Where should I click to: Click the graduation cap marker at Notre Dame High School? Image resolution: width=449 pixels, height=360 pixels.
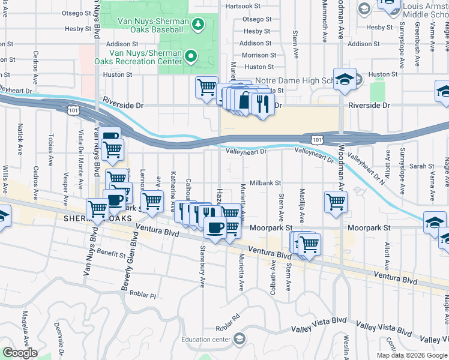(x=345, y=79)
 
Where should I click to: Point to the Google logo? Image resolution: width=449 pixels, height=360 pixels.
(x=20, y=353)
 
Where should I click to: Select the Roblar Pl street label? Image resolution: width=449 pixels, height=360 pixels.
(x=145, y=296)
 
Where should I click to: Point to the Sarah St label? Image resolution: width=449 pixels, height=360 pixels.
(x=422, y=166)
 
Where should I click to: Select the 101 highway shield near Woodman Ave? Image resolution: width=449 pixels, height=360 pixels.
(x=315, y=139)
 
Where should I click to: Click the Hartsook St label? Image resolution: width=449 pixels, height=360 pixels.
(x=244, y=6)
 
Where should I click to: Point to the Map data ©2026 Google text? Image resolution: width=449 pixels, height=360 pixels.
(x=412, y=355)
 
